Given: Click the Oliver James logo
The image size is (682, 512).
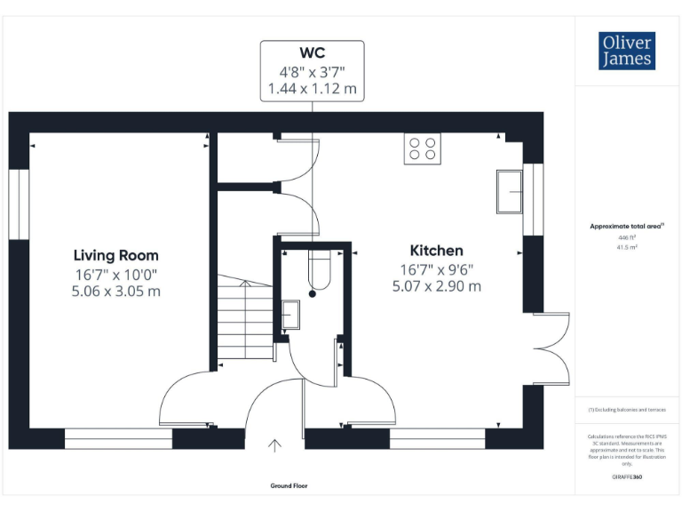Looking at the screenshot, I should pos(627,52).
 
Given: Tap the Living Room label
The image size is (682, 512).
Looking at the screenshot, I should pos(116,255).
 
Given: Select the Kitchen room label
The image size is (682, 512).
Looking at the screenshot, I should pos(436,250).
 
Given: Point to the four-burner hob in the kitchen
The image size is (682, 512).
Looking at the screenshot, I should pos(422,148).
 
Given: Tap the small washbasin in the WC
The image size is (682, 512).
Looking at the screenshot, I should pos(290,313).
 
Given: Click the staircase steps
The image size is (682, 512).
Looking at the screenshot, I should pos(243,320).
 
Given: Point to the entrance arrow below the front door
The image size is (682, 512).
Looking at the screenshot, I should pos(275,444).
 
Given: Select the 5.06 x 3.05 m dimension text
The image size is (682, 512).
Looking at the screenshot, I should pos(116,291).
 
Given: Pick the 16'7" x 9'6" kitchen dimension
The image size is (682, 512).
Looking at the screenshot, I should pos(436,269).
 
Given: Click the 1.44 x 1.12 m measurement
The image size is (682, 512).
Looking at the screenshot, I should pos(312,89).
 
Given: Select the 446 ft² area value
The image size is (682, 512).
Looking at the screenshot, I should pos(627,238).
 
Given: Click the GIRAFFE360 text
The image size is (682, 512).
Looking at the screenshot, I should pos(627,478).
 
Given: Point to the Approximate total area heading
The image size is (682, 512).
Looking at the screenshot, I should pos(627,227).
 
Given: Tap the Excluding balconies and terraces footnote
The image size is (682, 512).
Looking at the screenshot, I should pos(627,410).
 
